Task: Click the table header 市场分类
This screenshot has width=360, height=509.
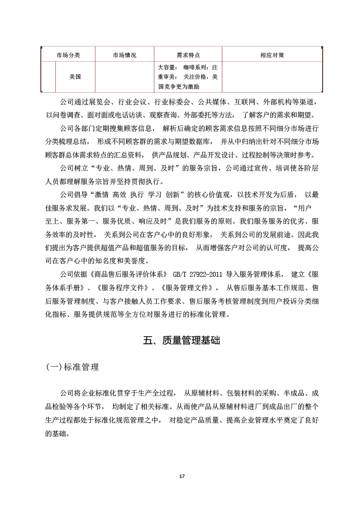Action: coord(68,55)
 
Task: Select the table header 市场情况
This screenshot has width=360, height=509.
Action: coord(124,55)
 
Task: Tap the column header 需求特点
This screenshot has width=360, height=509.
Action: coord(188,55)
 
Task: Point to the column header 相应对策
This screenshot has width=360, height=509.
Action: coord(272,55)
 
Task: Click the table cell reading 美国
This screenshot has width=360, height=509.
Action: coord(75,77)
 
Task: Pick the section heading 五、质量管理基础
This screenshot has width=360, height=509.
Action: coord(182,341)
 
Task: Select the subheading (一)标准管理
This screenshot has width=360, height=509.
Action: coord(72,367)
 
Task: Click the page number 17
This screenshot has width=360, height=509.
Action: coord(182,476)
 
